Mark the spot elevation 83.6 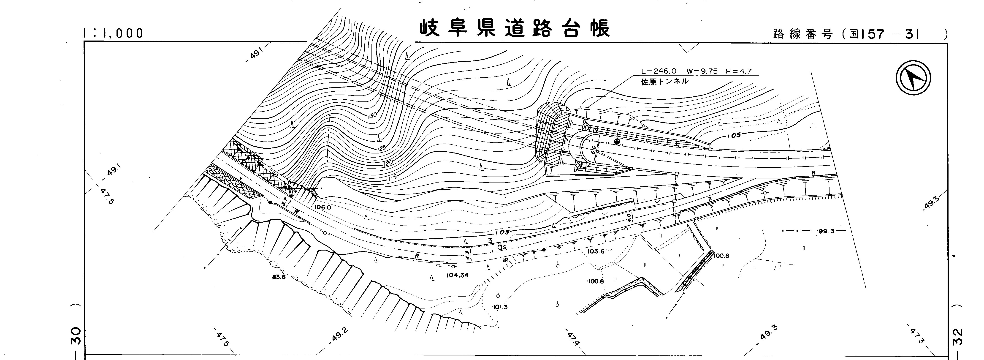click(279, 277)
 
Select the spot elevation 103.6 click(596, 251)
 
